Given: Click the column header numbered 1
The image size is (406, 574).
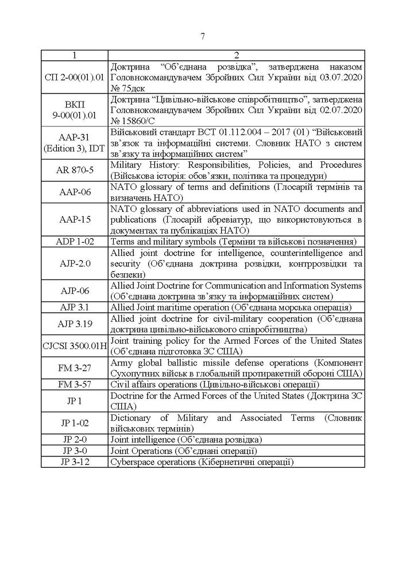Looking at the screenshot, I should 74,55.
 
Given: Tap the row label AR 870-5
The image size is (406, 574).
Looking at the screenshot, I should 74,170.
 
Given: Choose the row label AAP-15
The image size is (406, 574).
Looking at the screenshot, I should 74,219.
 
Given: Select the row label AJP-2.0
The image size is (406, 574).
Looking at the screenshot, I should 74,263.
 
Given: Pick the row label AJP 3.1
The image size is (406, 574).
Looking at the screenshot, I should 74,307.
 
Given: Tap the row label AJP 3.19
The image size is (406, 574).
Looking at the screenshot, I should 74,323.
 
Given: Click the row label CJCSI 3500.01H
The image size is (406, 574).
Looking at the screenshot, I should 74,346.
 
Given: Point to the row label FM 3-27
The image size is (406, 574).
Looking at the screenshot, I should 74,367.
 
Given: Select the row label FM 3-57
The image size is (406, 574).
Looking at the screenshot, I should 74,383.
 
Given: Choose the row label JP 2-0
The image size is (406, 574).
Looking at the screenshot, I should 74,439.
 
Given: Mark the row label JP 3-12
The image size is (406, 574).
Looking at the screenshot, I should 74,461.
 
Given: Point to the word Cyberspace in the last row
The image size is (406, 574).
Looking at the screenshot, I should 130,461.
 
